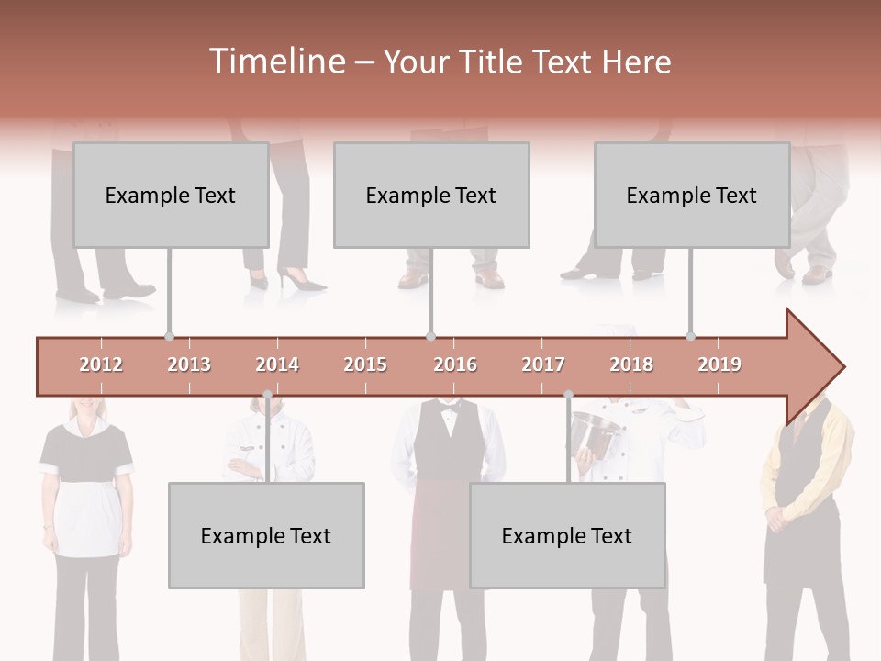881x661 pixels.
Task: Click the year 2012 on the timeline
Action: coord(101,365)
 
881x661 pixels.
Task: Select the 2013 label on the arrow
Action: coord(189,365)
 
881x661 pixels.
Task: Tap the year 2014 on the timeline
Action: coord(277,365)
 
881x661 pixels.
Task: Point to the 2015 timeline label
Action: coord(365,365)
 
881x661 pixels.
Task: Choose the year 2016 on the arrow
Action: coord(455,365)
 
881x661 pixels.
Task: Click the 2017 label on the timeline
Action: coord(543,365)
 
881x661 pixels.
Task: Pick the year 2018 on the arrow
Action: coord(631,365)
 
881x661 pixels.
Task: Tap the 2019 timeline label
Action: coord(719,365)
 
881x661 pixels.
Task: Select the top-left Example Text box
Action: coord(171,196)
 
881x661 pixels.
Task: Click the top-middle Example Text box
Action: coord(431,196)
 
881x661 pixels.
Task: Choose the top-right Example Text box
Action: coord(692,196)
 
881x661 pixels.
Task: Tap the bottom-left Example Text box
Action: coord(266,536)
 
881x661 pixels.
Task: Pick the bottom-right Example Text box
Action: coord(567,536)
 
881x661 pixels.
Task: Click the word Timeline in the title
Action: coord(275,62)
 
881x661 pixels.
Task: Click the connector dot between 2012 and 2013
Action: coord(169,337)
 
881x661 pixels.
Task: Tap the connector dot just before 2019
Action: coord(691,337)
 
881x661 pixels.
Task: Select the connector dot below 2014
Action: coord(268,395)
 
